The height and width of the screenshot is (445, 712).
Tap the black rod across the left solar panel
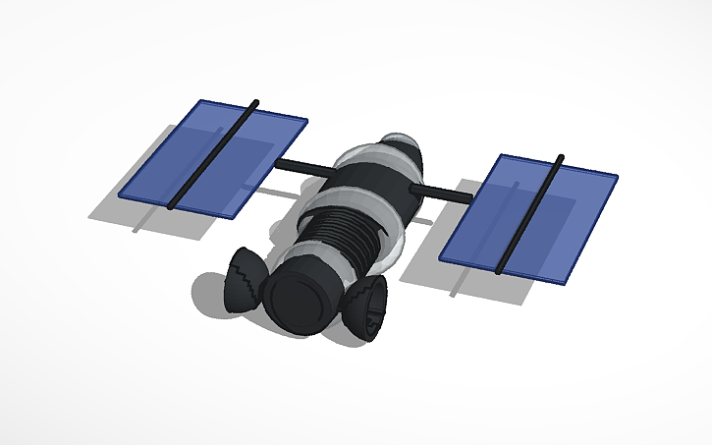[211, 155]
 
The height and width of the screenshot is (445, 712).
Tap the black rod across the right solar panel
[531, 212]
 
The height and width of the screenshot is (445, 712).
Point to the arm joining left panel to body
[300, 165]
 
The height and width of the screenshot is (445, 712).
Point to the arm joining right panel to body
[443, 191]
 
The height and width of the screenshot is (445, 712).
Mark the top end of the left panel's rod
[255, 102]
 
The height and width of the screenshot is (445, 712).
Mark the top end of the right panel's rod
[560, 157]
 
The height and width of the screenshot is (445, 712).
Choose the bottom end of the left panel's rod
[172, 205]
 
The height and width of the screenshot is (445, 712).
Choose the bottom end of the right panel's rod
[502, 268]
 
